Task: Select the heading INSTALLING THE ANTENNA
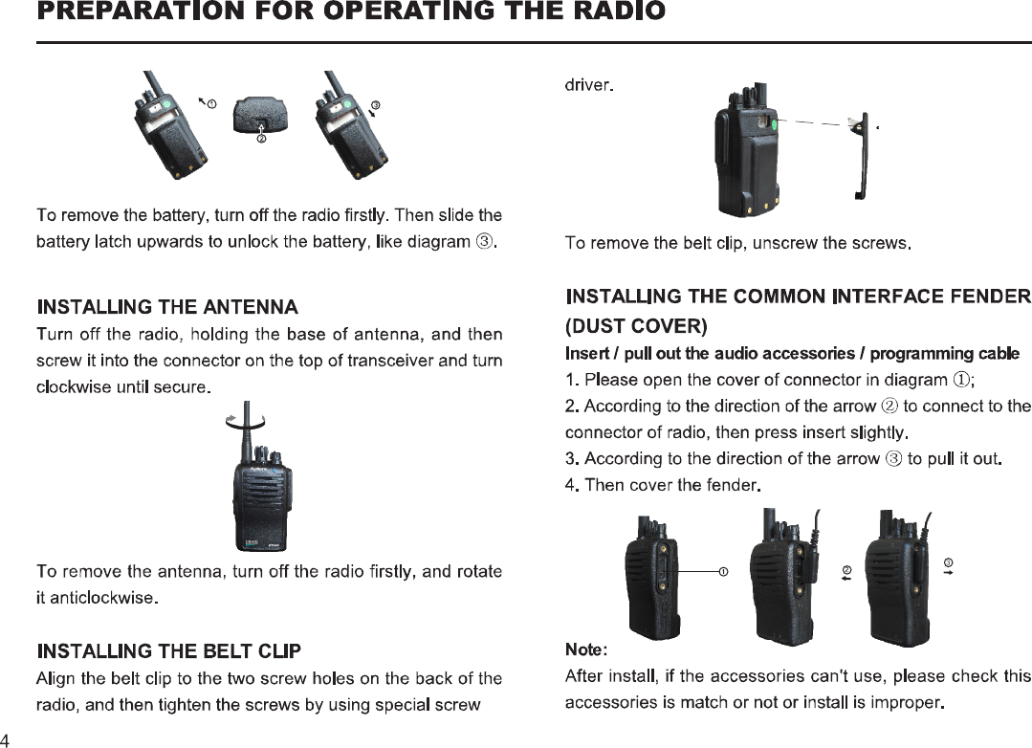tap(167, 307)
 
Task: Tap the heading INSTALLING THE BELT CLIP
tap(168, 651)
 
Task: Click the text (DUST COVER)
tap(636, 327)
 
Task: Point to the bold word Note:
tap(585, 651)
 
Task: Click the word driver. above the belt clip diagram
tap(588, 85)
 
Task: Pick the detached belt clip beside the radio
tap(862, 158)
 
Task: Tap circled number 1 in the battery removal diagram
tap(210, 102)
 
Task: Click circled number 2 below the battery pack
tap(260, 140)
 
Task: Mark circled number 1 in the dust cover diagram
tap(724, 572)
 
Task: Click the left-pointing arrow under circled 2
tap(846, 578)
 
